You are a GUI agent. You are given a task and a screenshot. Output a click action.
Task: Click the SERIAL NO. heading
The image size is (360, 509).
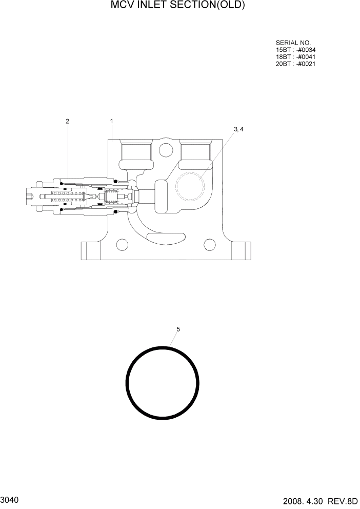(293, 43)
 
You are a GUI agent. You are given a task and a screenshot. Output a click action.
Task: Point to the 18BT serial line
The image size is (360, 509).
(295, 57)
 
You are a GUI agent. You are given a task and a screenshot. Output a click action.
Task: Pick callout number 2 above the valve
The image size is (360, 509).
(67, 121)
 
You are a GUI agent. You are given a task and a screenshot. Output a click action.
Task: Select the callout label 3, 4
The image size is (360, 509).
(238, 130)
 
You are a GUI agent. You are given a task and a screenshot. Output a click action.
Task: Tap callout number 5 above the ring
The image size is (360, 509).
(178, 329)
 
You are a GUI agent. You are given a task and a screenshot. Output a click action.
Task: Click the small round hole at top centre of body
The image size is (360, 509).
(165, 150)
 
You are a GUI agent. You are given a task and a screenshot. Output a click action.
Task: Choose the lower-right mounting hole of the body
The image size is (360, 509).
(209, 244)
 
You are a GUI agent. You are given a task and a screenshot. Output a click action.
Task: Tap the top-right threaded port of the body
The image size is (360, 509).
(195, 151)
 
